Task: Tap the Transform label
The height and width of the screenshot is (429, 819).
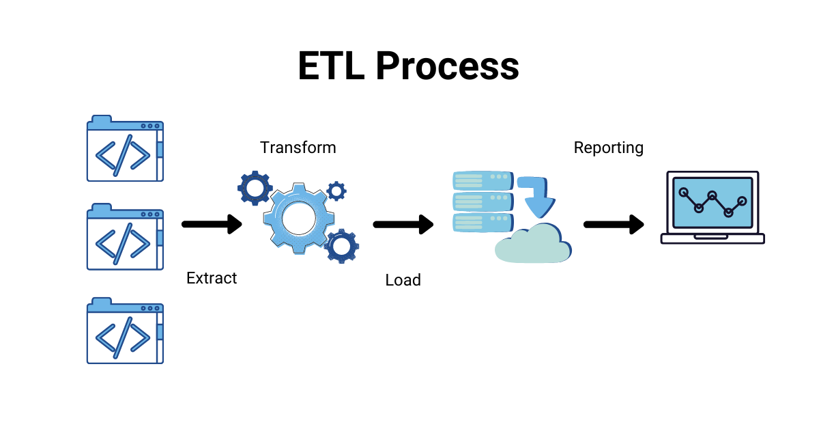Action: click(298, 148)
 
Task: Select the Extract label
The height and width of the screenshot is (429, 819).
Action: click(212, 278)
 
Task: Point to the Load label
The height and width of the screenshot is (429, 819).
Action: click(403, 279)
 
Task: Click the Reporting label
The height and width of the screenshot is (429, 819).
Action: click(609, 148)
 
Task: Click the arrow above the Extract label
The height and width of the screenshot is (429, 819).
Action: click(212, 223)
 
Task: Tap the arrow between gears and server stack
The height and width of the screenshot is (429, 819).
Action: click(403, 223)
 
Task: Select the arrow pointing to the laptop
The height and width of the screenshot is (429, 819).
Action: click(614, 223)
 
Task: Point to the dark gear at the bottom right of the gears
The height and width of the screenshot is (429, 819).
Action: click(341, 246)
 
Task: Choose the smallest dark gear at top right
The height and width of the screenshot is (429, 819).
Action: click(336, 191)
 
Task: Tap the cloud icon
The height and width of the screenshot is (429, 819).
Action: click(532, 245)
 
